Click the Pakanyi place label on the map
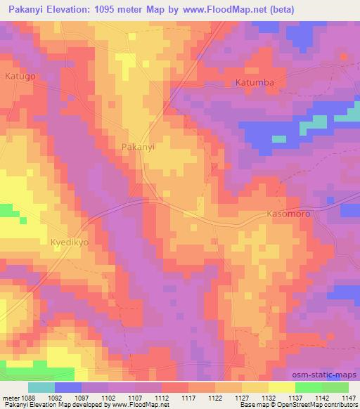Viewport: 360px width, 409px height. click(138, 148)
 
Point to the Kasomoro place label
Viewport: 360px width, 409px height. click(289, 212)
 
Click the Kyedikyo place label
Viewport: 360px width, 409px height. click(69, 243)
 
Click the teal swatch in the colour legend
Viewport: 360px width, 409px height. click(41, 387)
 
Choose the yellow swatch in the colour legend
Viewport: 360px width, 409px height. click(281, 387)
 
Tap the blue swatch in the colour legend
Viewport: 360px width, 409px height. click(68, 387)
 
